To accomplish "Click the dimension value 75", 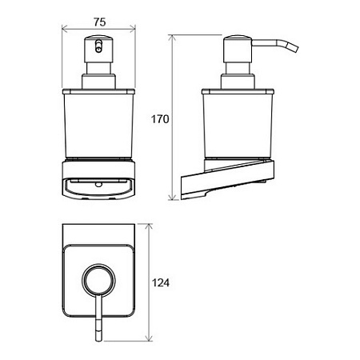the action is tap(99, 22).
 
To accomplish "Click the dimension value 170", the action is tap(160, 119).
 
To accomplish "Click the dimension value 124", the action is tap(161, 282).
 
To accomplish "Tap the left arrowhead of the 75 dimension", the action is tap(64, 28).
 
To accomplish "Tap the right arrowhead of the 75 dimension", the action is tap(133, 28).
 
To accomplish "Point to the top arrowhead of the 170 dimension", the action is tap(173, 38).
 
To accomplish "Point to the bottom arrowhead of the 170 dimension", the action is tap(173, 197).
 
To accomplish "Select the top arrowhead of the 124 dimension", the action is tap(149, 227).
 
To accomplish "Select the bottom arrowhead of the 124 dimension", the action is tap(149, 338).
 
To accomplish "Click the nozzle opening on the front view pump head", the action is tap(98, 46).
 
